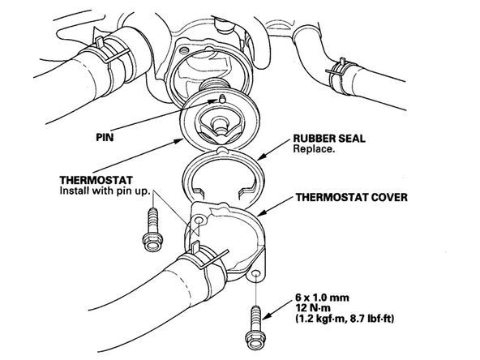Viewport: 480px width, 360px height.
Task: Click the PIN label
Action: click(105, 137)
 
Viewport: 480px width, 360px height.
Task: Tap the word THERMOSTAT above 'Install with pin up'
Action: click(96, 180)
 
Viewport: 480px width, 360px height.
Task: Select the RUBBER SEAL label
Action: click(329, 139)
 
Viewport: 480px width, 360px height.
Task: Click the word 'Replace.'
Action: click(313, 149)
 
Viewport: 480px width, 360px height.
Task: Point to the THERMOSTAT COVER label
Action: click(351, 197)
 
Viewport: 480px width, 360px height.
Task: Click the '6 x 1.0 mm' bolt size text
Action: click(322, 298)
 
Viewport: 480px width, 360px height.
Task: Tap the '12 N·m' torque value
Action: click(313, 308)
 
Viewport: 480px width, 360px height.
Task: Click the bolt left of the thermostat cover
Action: click(152, 229)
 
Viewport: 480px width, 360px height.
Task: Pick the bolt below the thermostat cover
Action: click(256, 328)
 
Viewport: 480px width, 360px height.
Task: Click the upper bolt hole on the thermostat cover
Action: click(199, 220)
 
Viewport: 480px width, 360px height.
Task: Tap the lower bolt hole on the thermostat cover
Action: click(256, 273)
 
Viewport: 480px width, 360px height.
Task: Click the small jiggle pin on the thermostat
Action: click(221, 98)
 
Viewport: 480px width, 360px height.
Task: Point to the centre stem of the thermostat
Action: click(219, 124)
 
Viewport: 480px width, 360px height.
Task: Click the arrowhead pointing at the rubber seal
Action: click(261, 157)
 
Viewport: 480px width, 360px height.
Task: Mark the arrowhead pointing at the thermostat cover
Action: click(261, 213)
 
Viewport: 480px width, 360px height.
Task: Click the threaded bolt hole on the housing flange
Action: click(185, 49)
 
